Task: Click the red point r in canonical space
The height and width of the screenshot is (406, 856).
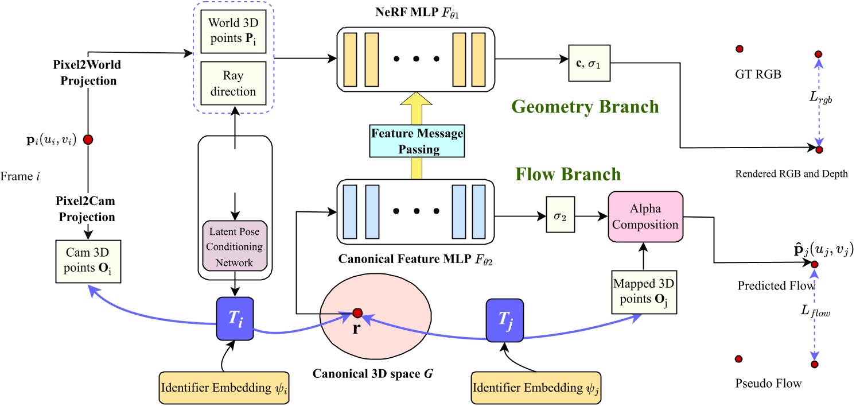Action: [357, 313]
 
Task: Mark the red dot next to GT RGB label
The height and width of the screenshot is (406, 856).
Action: [740, 49]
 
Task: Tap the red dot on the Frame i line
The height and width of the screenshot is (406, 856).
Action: [88, 140]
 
